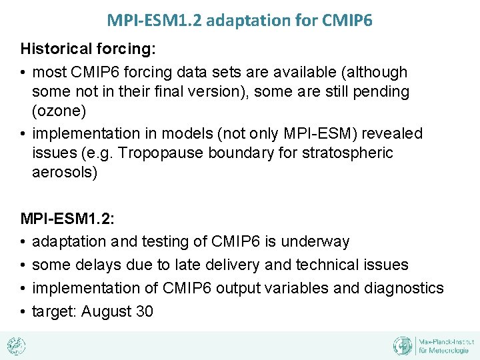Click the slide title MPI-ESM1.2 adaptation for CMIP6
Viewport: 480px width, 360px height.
pyautogui.click(x=239, y=20)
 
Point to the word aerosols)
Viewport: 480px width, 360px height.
pyautogui.click(x=64, y=173)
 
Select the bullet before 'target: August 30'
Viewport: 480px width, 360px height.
pyautogui.click(x=24, y=311)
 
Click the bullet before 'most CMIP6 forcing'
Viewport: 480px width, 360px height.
pyautogui.click(x=24, y=71)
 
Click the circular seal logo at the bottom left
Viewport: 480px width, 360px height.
pyautogui.click(x=16, y=345)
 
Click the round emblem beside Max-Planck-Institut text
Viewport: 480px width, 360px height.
pyautogui.click(x=403, y=345)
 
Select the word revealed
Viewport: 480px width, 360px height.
pyautogui.click(x=392, y=133)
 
